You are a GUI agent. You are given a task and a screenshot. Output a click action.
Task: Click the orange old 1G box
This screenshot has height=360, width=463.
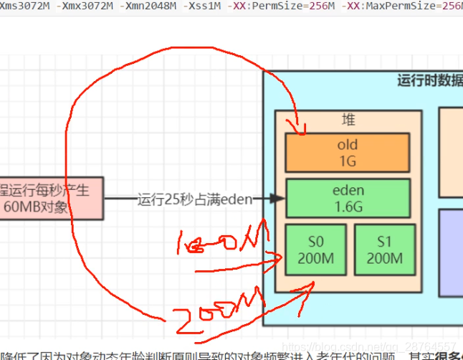(x=347, y=153)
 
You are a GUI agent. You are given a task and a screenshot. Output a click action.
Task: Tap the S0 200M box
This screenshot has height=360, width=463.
(x=316, y=250)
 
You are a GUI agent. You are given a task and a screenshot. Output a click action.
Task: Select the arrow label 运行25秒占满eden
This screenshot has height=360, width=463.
(x=194, y=199)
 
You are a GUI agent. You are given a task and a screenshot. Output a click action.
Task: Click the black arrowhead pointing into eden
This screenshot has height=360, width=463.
(x=280, y=199)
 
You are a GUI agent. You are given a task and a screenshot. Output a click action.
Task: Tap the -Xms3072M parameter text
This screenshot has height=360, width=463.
(x=24, y=6)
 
